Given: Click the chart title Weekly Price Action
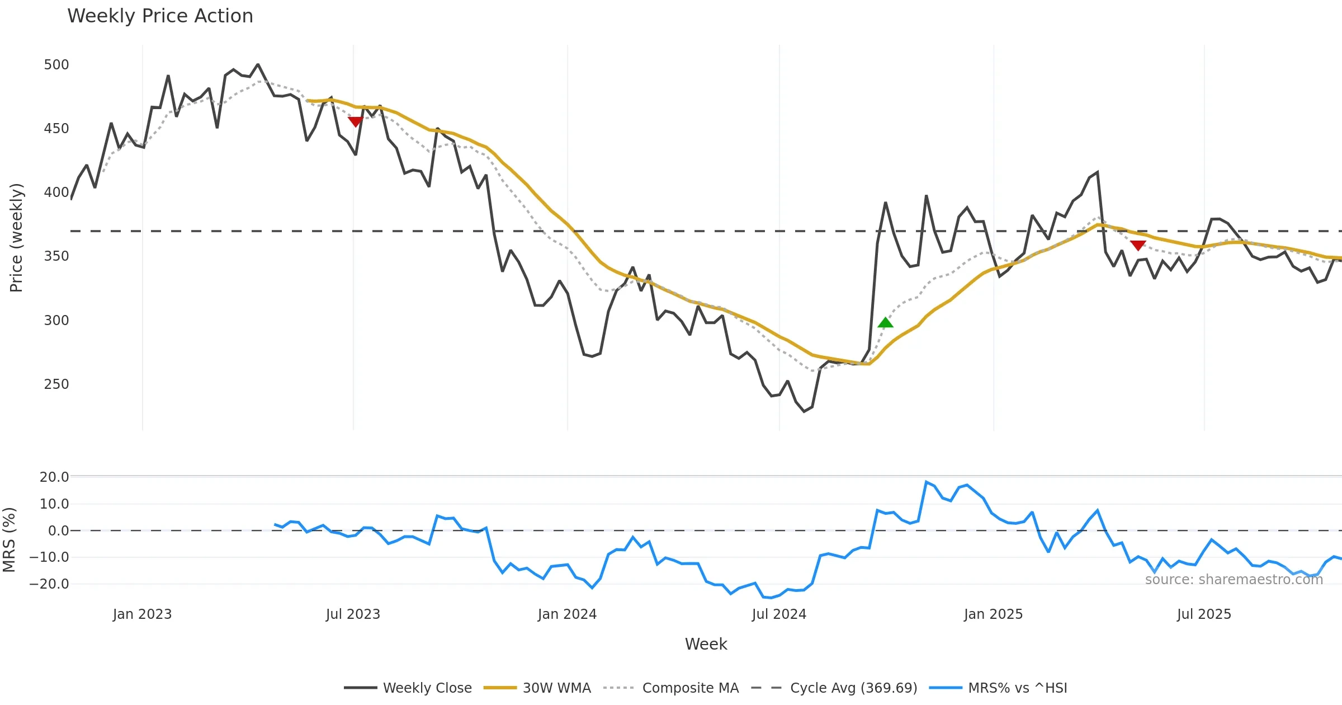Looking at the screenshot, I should coord(160,16).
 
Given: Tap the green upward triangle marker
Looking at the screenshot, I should coord(885,323).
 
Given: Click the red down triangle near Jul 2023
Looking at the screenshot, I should coord(355,121).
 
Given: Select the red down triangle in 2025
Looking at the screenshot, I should coord(1138,245).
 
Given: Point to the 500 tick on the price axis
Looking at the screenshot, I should coord(56,65).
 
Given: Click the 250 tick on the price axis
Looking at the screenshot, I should coord(56,384).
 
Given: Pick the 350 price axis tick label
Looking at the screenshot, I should coord(56,256).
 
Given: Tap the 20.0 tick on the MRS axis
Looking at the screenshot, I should coord(54,477).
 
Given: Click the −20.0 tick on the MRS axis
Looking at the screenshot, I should coord(50,584).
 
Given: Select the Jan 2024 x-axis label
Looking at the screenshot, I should coord(567,614).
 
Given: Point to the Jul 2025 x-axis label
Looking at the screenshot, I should coord(1204,614).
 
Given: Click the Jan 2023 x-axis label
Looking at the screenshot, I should coord(142,614).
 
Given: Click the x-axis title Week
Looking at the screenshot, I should coord(706,644).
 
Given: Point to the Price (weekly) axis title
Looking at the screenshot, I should coord(16,238).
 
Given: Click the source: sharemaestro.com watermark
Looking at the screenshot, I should coord(1234,580).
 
